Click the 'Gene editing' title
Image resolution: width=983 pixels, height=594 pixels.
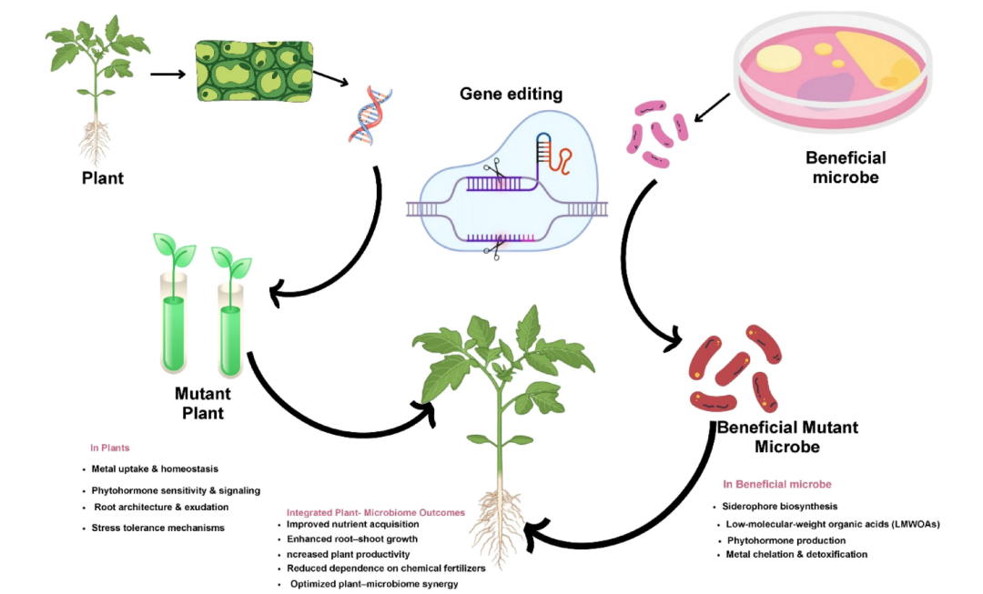point(511,94)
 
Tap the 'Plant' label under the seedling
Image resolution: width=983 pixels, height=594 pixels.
point(103,178)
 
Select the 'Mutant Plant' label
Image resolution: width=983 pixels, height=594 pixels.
point(202,403)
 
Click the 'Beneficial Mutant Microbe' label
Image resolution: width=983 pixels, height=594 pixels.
point(787,437)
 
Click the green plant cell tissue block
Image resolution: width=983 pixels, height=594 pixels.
point(254,71)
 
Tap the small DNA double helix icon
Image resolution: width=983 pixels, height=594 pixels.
point(370,116)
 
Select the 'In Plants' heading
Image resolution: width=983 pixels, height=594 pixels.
point(110,448)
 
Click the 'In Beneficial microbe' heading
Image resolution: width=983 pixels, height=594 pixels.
point(776,484)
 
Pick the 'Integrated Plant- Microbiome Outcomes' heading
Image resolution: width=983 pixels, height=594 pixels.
point(376,512)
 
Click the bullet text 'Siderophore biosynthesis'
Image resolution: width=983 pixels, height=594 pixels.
point(779,507)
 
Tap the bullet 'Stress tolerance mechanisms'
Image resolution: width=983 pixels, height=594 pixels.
point(158,529)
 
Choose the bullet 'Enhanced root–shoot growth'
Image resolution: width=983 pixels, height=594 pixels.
point(351,539)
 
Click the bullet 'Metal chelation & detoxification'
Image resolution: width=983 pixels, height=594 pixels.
point(796,555)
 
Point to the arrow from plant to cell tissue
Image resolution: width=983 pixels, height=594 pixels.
point(168,75)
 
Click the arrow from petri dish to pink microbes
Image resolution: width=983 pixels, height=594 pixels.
point(712,107)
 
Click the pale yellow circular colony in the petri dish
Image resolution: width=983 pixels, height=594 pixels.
point(778,58)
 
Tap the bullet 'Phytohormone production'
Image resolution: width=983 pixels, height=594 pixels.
point(786,540)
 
